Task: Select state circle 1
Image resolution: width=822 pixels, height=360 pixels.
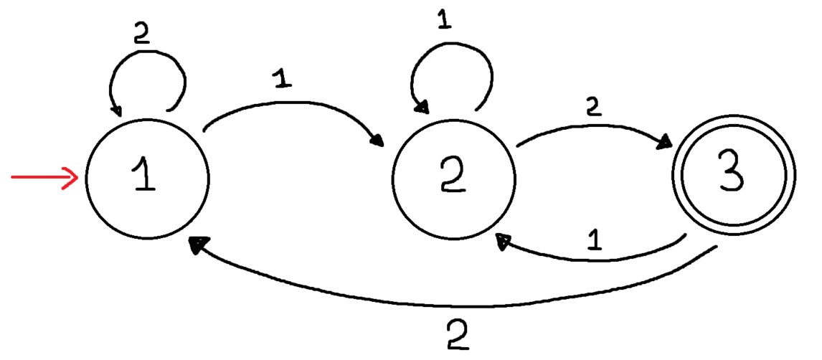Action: (x=147, y=179)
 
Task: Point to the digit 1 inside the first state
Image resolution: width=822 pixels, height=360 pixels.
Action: (x=146, y=179)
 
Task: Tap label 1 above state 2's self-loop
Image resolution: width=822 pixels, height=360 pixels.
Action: (x=444, y=22)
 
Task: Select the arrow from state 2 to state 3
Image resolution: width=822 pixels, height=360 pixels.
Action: (x=595, y=127)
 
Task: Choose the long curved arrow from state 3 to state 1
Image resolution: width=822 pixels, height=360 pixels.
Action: (x=459, y=305)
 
